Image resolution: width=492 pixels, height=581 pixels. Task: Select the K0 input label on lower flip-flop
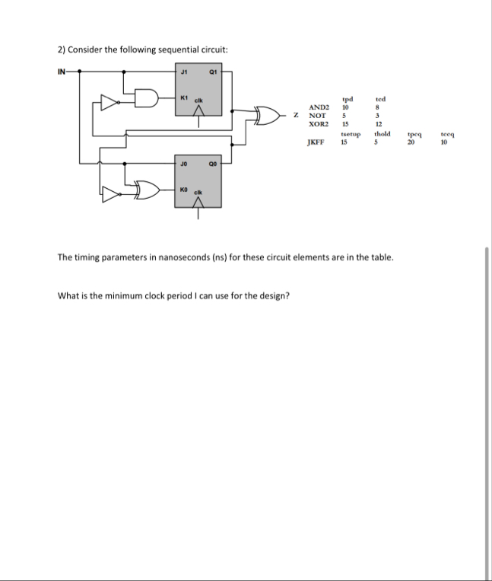tap(183, 186)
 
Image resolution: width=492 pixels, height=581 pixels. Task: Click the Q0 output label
tap(214, 162)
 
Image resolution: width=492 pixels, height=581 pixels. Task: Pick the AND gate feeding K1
tap(148, 99)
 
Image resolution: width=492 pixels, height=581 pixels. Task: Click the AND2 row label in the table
tap(318, 108)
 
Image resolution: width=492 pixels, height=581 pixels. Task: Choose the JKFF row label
tap(316, 141)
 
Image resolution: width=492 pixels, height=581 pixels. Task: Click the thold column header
tap(382, 133)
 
